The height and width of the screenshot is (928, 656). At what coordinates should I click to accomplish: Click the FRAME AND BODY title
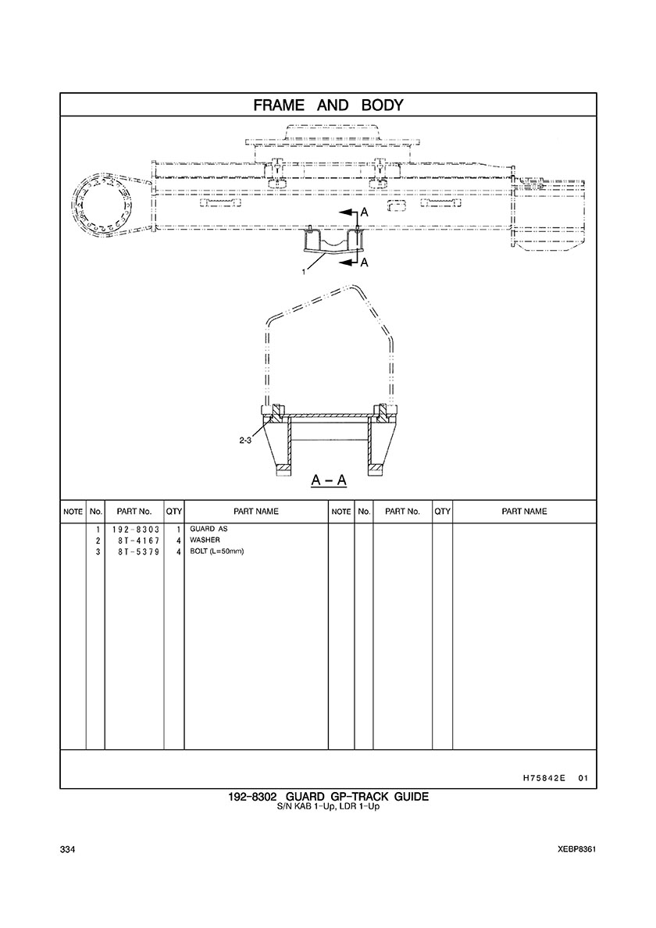(x=328, y=105)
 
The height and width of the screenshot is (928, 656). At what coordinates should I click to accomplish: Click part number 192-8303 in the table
(x=135, y=529)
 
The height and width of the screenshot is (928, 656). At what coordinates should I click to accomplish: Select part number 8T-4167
(x=138, y=541)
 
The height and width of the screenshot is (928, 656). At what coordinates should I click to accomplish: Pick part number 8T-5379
(x=138, y=551)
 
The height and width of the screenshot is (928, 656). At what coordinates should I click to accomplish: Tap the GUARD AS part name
(x=209, y=529)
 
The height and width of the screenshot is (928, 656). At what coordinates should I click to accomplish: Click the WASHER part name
(x=205, y=540)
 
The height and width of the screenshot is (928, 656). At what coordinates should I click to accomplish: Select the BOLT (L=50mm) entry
(x=216, y=551)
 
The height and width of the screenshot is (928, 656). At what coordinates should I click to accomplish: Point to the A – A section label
(x=329, y=480)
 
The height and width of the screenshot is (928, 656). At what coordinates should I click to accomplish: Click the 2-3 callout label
(x=245, y=441)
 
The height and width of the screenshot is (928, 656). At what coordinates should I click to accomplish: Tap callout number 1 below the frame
(x=304, y=272)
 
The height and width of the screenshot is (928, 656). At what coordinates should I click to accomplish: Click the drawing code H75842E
(x=539, y=778)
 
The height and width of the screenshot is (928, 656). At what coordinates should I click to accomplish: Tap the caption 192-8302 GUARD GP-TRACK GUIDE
(x=328, y=797)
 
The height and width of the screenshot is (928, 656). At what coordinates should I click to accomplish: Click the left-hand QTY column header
(x=174, y=512)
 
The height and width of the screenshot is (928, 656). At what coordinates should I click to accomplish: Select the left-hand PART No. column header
(x=134, y=512)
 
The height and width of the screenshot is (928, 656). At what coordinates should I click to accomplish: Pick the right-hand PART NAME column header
(x=524, y=512)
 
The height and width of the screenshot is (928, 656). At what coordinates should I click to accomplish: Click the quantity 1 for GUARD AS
(x=178, y=529)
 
